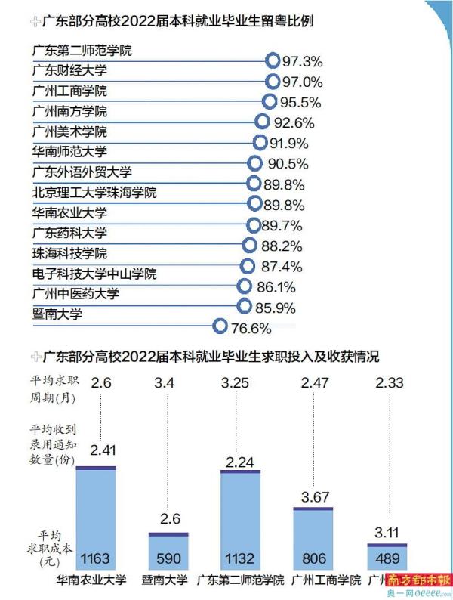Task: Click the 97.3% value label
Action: tap(303, 61)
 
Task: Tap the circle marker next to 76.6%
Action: tap(220, 326)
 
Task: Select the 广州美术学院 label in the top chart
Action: tap(70, 131)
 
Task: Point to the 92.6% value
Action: tap(294, 122)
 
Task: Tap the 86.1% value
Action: tap(276, 287)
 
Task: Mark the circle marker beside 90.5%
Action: tap(254, 162)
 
